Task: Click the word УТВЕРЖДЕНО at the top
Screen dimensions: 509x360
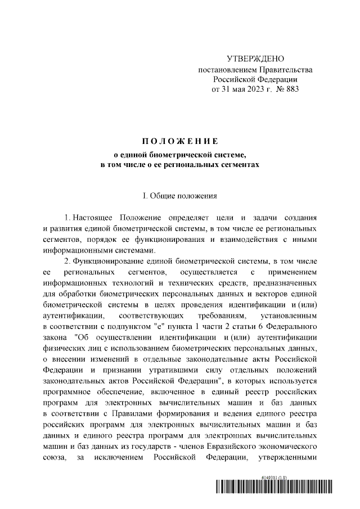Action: click(255, 59)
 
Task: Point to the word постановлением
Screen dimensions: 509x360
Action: click(227, 69)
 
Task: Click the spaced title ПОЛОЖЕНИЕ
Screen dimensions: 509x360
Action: click(179, 140)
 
